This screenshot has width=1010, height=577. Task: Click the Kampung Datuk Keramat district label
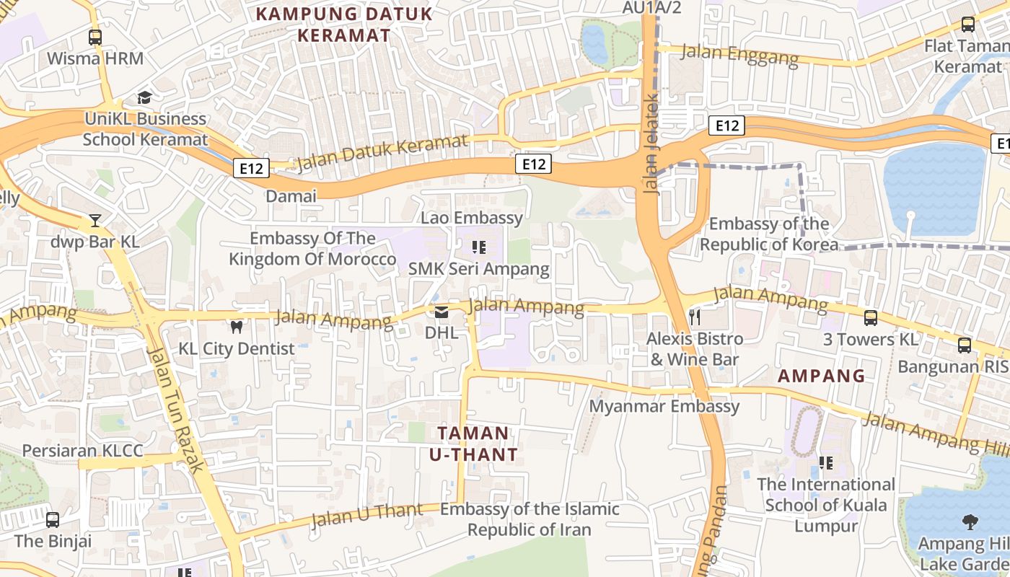pos(344,24)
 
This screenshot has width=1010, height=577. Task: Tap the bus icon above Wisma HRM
pos(95,37)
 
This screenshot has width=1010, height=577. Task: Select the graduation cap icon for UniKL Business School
pos(145,97)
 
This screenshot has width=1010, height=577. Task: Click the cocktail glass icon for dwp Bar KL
pos(95,220)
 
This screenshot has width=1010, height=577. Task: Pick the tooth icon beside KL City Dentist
pos(236,327)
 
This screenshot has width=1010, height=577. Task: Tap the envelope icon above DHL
pos(441,312)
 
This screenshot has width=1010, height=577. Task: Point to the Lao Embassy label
pos(472,218)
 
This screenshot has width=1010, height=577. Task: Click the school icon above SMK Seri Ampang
pos(478,248)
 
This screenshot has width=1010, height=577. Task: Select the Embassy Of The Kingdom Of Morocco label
pos(312,249)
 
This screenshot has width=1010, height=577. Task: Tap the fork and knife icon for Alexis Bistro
pos(695,317)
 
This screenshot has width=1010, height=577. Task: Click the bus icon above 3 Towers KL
pos(871,317)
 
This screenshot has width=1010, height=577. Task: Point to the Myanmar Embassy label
pos(664,406)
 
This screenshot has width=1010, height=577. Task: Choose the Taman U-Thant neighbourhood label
pos(473,444)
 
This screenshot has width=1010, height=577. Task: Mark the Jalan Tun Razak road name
pos(177,409)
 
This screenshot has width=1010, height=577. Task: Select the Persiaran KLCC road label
pos(82,451)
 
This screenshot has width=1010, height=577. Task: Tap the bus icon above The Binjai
pos(53,519)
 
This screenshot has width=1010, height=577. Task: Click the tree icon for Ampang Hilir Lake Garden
pos(970,521)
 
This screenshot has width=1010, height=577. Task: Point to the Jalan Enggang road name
pos(739,54)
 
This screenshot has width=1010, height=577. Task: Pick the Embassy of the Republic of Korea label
pos(769,234)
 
